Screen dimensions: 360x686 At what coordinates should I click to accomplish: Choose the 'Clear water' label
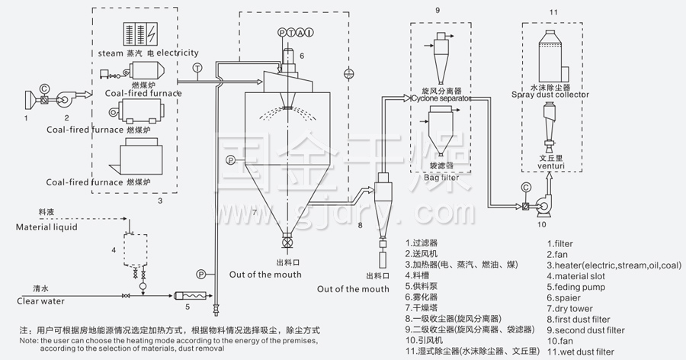tap(41, 301)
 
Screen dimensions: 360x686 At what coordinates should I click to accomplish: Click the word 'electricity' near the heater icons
tap(178, 53)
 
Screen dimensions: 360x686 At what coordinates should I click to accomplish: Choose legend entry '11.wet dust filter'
tap(580, 352)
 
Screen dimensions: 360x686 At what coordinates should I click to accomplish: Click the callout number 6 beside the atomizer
tap(302, 56)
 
